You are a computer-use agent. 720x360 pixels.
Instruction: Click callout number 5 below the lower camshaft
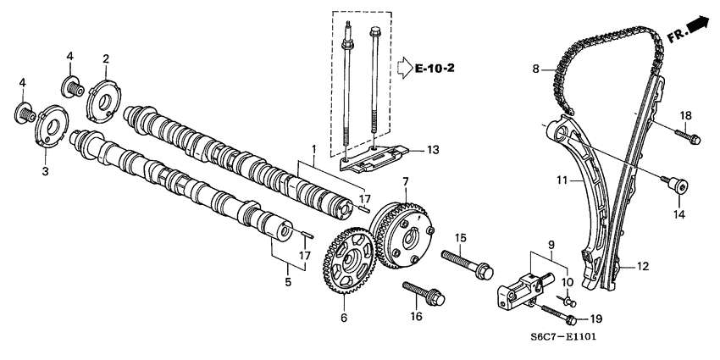click(288, 281)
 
